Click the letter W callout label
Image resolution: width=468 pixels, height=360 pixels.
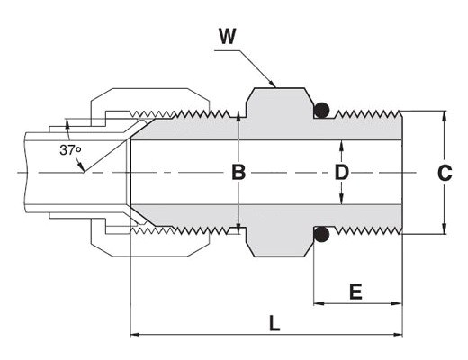(x=228, y=36)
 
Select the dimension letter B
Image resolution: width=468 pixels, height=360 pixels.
(x=238, y=173)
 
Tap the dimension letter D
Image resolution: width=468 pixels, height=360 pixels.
(x=342, y=173)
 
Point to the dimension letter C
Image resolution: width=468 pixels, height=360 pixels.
(x=445, y=173)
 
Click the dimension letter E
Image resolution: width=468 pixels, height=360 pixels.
(x=355, y=292)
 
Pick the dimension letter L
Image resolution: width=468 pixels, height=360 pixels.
(x=274, y=323)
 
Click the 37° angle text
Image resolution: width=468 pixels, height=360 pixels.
(x=70, y=150)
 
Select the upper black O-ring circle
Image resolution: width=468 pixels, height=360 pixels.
(x=321, y=110)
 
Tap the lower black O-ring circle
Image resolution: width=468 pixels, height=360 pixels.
(x=321, y=235)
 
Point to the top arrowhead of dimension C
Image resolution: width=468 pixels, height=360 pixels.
(x=445, y=115)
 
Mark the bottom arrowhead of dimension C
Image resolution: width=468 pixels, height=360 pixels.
(x=445, y=229)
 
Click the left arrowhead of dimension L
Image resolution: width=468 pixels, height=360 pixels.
(x=135, y=334)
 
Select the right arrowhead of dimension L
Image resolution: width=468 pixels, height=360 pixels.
(x=398, y=334)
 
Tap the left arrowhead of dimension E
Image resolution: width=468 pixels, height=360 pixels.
(x=319, y=303)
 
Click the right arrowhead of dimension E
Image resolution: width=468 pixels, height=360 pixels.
(x=397, y=303)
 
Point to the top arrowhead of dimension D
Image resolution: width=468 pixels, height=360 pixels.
(x=341, y=145)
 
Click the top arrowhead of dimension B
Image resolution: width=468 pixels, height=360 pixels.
(x=238, y=115)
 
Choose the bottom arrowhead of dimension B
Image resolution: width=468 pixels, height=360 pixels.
(x=238, y=229)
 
